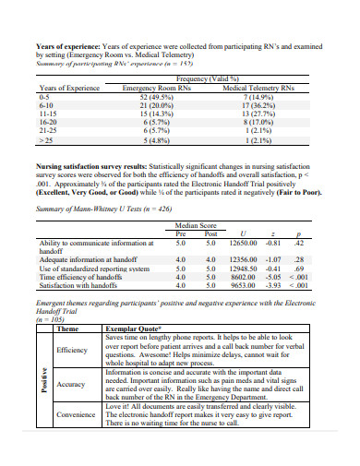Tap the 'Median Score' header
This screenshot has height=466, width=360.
(195, 225)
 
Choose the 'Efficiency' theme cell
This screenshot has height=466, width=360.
(72, 351)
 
